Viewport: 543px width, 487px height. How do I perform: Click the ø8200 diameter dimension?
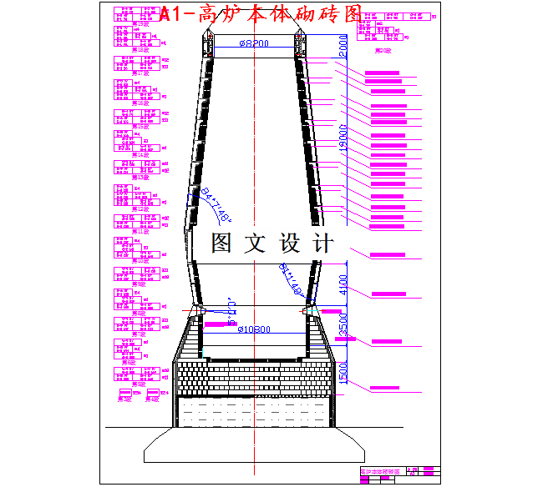254,44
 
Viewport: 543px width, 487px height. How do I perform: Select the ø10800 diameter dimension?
254,330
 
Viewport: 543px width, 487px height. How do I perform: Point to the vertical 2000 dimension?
343,45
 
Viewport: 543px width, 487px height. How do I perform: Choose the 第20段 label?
383,51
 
